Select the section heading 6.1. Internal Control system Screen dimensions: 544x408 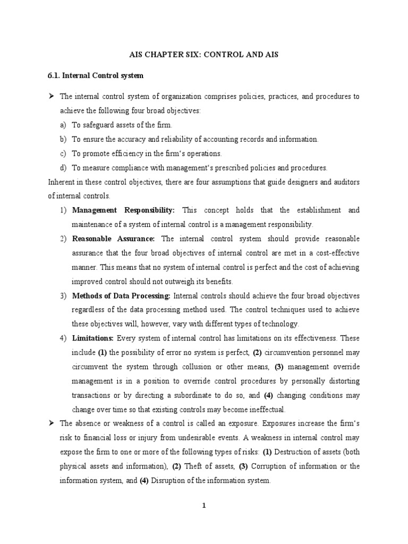[x=96, y=76]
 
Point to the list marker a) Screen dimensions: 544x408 [x=64, y=125]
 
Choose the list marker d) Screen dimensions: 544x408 [x=64, y=168]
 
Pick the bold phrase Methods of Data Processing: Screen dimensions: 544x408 [x=121, y=296]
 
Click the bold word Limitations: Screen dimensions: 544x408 [x=93, y=338]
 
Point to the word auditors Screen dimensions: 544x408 [x=341, y=182]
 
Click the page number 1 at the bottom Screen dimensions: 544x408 [x=203, y=506]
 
